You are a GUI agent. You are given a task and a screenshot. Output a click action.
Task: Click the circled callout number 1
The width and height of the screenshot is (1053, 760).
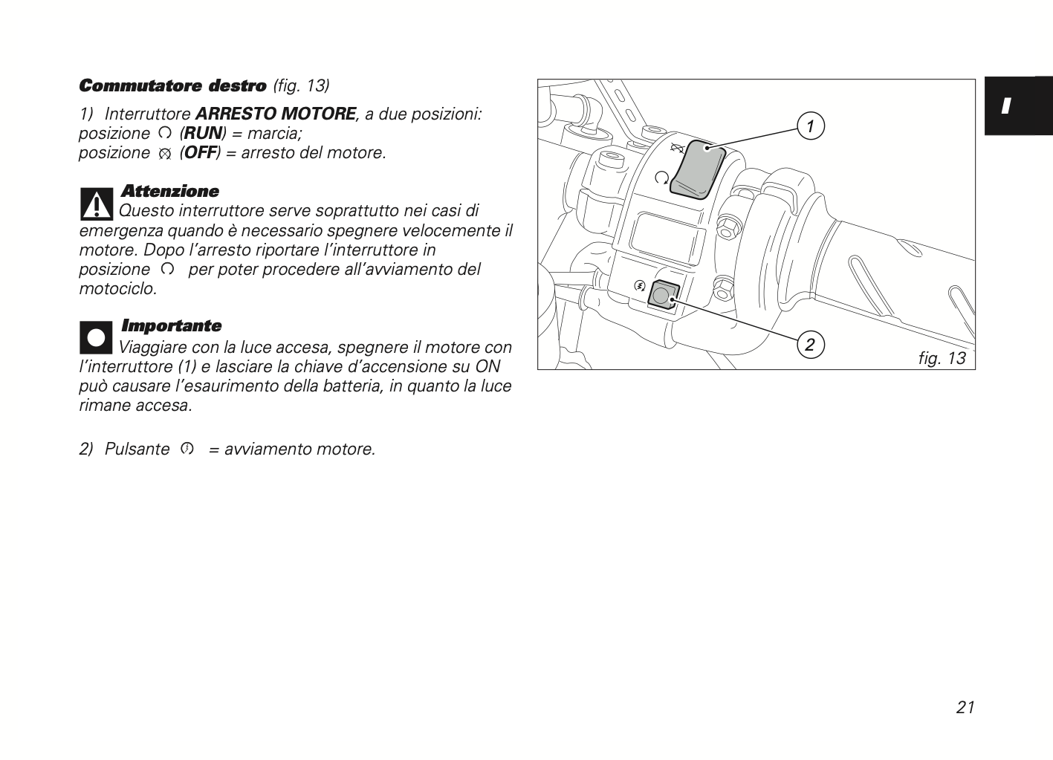point(811,126)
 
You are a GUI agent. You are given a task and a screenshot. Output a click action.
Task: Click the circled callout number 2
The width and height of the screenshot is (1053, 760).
point(810,345)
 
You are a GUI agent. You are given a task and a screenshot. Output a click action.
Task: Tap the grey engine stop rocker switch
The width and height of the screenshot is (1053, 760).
point(697,169)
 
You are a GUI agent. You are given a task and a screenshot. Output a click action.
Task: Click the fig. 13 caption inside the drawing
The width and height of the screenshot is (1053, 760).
point(942,358)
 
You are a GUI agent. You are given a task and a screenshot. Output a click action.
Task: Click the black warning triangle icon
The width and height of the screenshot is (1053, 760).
point(97,204)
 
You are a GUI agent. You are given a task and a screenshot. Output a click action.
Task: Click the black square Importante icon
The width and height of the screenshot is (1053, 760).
point(96,337)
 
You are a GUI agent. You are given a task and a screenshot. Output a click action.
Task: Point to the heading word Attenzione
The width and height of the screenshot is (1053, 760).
point(170,191)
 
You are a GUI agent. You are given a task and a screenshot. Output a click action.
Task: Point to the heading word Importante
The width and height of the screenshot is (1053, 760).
point(171,325)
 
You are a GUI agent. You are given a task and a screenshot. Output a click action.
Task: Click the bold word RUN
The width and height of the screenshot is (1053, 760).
point(203,133)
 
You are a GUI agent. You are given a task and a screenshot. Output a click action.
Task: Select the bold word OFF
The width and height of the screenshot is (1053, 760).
point(200,153)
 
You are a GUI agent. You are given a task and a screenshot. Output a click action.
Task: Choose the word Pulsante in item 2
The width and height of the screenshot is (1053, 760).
point(137,449)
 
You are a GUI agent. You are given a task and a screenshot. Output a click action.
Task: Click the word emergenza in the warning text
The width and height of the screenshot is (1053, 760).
point(121,231)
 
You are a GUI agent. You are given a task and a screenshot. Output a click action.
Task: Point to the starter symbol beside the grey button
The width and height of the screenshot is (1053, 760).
point(640,285)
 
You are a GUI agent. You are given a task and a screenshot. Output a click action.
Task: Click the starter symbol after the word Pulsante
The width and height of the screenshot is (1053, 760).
point(187,449)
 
